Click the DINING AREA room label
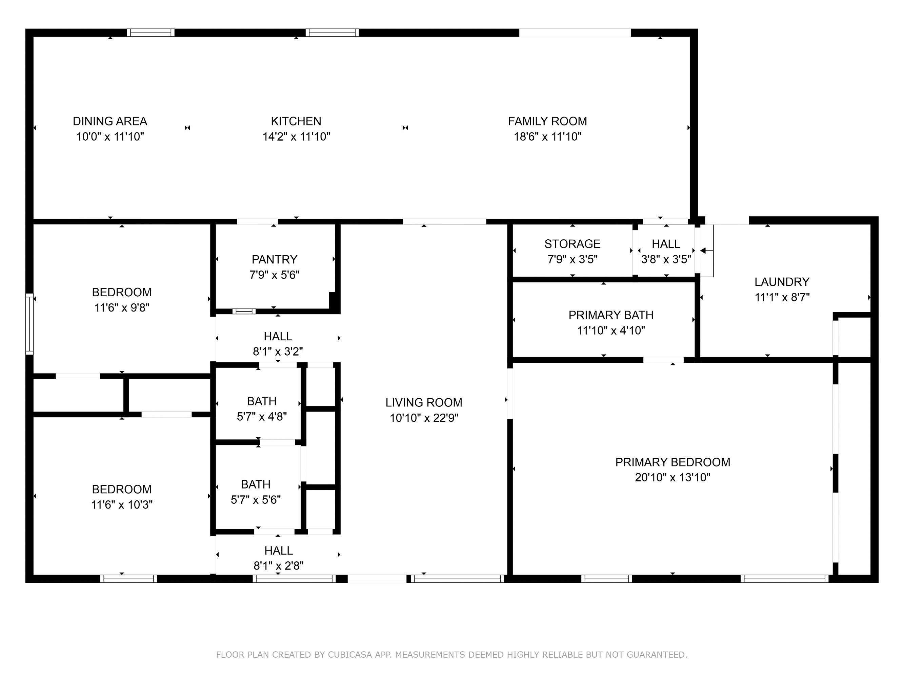click(110, 121)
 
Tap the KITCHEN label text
click(296, 121)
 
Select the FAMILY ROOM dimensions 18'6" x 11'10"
click(547, 137)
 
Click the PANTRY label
click(274, 260)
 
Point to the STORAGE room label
click(572, 244)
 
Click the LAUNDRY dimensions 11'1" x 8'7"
click(782, 297)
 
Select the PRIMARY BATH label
click(610, 315)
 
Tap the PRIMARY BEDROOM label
click(672, 462)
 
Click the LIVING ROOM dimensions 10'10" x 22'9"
click(424, 418)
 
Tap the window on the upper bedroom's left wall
click(29, 324)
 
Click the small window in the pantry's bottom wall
click(244, 312)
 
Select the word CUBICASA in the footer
click(350, 655)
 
